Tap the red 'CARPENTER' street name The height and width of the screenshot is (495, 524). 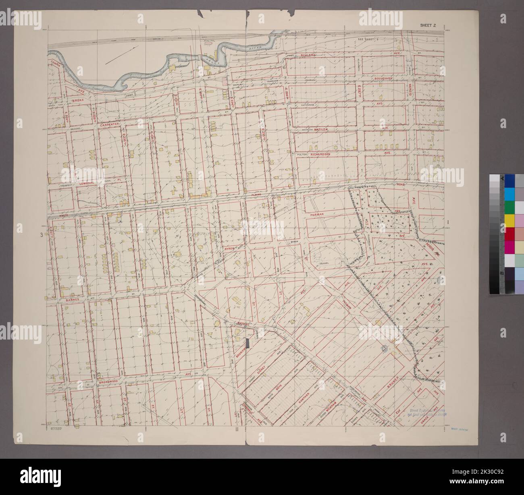point(110,125)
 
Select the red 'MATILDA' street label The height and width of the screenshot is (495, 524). point(324,129)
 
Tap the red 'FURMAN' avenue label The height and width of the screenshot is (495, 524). point(320,215)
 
